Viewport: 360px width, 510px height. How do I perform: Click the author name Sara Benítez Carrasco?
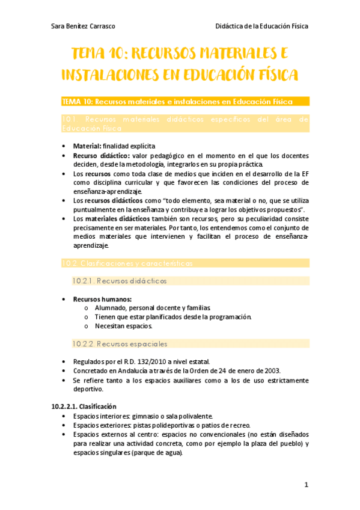tap(84, 26)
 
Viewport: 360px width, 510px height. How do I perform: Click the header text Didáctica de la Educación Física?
tap(261, 26)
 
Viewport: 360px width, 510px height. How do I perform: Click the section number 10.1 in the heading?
tap(68, 120)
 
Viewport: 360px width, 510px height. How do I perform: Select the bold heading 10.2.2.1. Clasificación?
tap(84, 407)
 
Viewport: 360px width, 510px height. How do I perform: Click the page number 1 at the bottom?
tap(306, 485)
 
